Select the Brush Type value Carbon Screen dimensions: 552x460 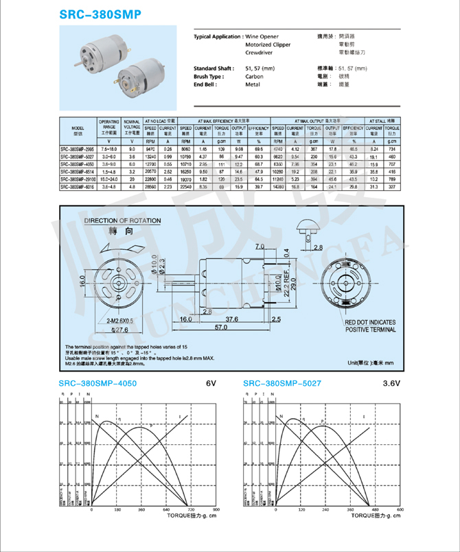(x=254, y=77)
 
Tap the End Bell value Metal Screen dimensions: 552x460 (x=252, y=84)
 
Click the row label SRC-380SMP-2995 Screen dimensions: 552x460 (x=77, y=149)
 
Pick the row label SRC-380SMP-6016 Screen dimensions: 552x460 (x=77, y=187)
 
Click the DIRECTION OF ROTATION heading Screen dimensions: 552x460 (x=122, y=221)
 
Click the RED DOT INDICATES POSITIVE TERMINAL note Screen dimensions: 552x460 (x=370, y=326)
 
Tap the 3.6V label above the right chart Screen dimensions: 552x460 (x=393, y=384)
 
